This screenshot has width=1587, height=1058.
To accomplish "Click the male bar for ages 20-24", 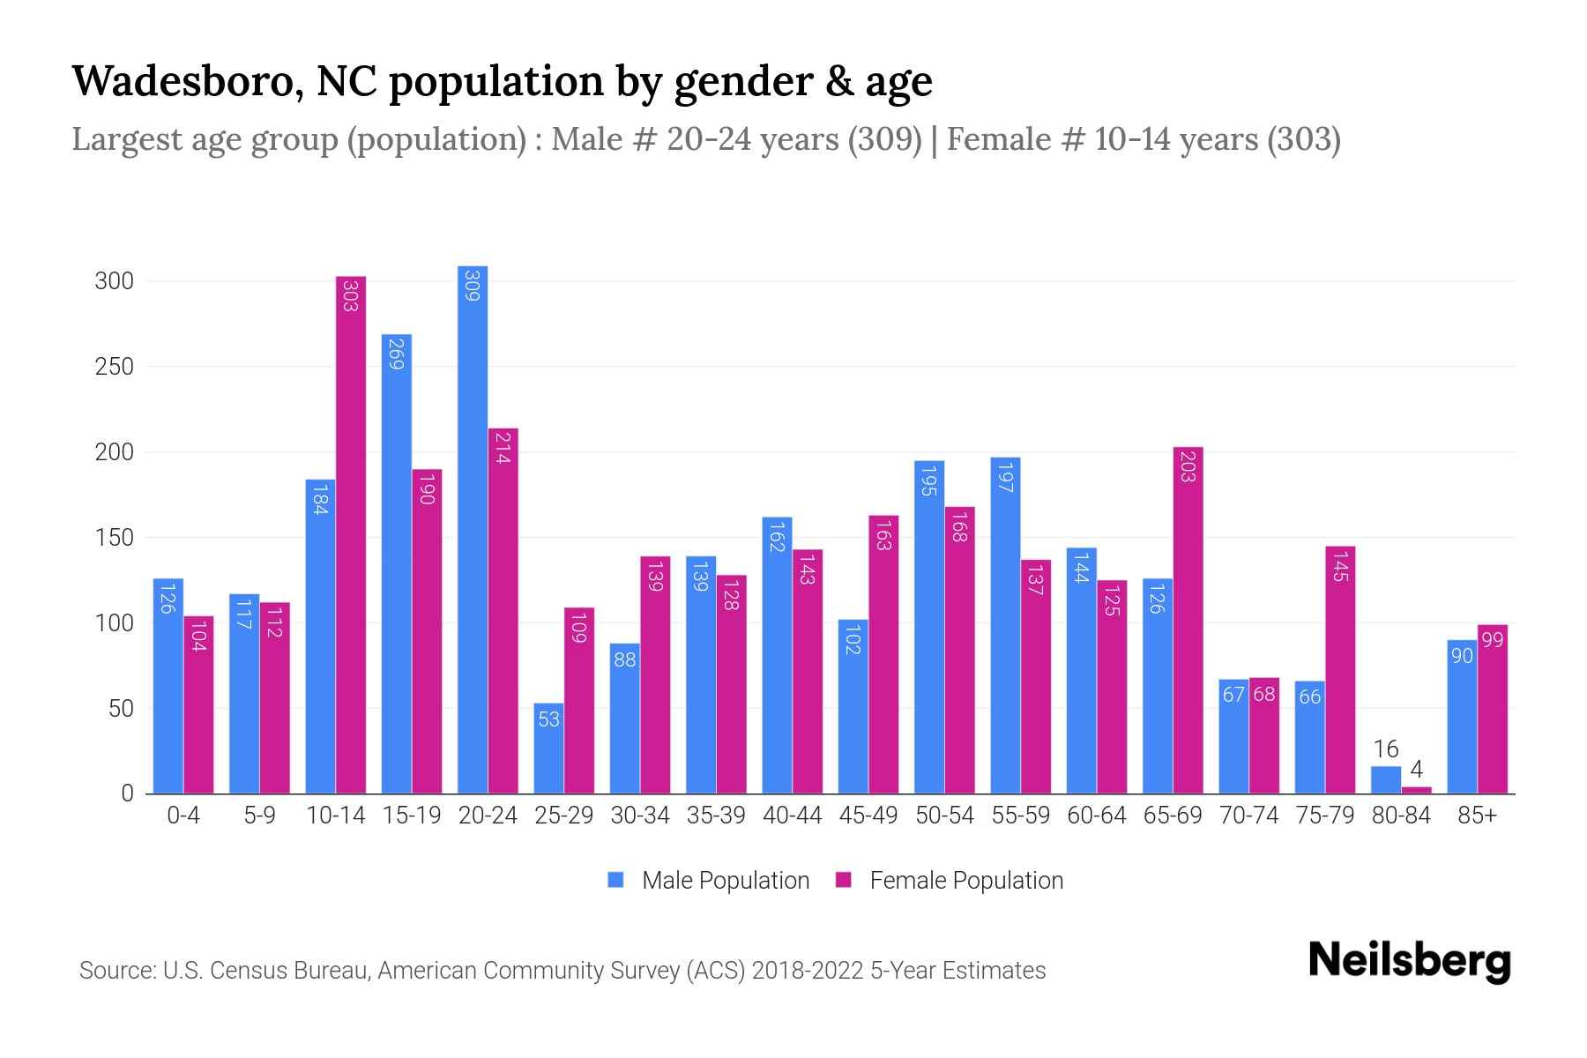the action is [x=473, y=529].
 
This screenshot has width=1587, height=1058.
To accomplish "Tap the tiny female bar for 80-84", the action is [x=1416, y=790].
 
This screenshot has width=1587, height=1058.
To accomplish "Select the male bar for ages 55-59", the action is [x=1005, y=625].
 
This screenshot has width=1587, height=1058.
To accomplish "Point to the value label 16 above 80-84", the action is [x=1386, y=749].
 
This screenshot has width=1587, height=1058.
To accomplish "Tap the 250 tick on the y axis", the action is [x=114, y=367].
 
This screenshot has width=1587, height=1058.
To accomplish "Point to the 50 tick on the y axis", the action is [x=121, y=709].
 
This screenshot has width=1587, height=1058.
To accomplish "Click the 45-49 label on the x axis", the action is [x=868, y=816].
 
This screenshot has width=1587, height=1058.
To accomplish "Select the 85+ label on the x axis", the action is [x=1477, y=816].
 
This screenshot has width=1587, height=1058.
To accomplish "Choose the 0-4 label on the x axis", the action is [x=183, y=816].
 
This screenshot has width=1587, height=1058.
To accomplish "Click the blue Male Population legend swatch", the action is [x=615, y=880].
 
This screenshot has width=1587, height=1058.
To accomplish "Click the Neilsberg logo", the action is [x=1409, y=961].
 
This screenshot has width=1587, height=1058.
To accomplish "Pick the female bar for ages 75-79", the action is [x=1340, y=670].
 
